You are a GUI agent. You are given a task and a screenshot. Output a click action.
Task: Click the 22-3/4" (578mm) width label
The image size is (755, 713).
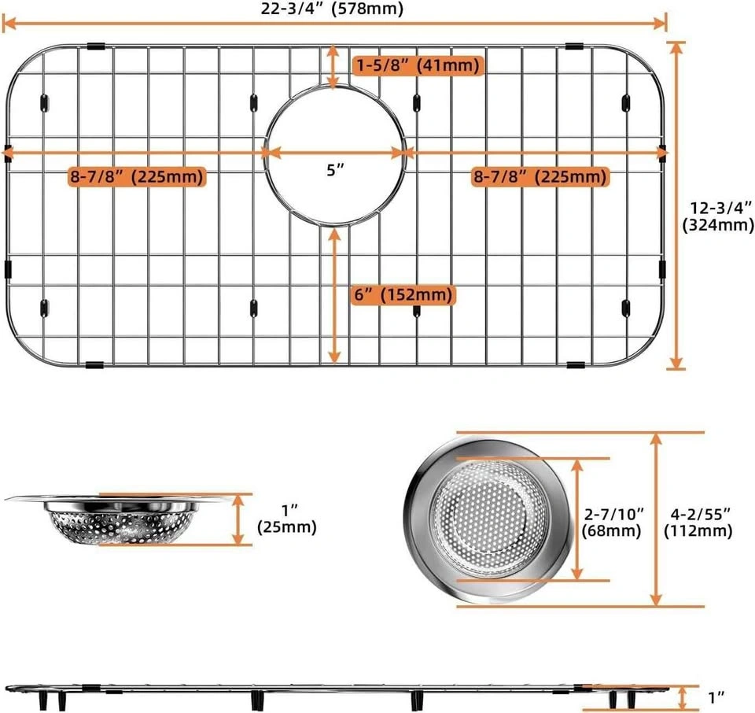tap(332, 9)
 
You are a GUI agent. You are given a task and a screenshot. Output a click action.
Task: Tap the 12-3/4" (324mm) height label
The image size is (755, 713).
tap(718, 216)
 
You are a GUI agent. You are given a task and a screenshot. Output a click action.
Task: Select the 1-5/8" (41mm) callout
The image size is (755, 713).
tap(418, 65)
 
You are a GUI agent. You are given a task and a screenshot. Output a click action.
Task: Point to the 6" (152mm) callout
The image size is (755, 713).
tap(403, 294)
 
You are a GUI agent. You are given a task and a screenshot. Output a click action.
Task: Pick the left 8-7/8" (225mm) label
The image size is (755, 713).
tap(137, 176)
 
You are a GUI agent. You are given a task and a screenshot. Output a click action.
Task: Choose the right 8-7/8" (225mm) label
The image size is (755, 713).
tap(540, 176)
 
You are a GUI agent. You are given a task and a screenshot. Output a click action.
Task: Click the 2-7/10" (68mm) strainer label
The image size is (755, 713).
tap(613, 523)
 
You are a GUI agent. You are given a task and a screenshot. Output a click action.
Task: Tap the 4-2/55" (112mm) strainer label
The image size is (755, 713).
tap(698, 523)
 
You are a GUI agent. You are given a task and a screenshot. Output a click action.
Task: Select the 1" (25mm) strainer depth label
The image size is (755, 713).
tap(287, 519)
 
